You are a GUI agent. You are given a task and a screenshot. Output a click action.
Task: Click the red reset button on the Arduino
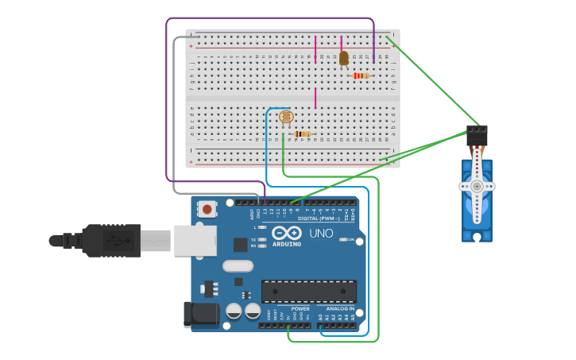click(207, 210)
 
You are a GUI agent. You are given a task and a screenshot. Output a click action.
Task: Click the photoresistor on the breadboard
click(285, 118)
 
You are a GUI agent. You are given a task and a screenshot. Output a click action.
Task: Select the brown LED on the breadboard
click(343, 58)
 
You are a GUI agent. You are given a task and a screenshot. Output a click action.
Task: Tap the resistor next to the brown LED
click(361, 75)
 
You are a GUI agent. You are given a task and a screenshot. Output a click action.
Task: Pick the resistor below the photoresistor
click(302, 134)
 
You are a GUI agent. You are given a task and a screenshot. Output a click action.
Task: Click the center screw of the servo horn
click(477, 186)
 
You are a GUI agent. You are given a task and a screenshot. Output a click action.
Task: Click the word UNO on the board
click(321, 234)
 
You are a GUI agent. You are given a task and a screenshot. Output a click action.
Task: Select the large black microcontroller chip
click(309, 291)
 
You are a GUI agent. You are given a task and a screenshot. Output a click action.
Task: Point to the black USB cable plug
click(111, 240)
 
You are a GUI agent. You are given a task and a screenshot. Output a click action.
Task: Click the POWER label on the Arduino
click(300, 308)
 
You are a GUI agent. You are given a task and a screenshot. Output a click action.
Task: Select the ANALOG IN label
click(340, 308)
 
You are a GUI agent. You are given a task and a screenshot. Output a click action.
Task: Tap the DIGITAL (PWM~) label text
click(325, 218)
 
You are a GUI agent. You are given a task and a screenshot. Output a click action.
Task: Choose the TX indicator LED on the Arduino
click(264, 239)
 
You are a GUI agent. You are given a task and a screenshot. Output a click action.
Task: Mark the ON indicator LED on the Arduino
click(343, 239)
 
